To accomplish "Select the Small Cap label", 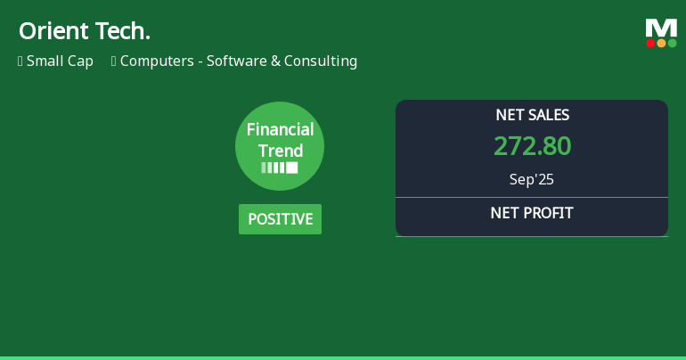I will (60, 61).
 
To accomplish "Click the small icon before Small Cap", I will (20, 61).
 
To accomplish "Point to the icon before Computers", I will (114, 61).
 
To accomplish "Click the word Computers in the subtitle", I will (157, 61).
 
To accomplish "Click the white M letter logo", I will (661, 28).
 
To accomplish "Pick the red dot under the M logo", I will (650, 43).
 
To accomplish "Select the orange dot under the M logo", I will (661, 43).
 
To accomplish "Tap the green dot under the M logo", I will (672, 43).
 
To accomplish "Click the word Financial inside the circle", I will (280, 130).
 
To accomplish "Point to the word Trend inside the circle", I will (280, 151).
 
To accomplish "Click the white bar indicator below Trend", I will (280, 168).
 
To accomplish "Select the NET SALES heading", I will (532, 115).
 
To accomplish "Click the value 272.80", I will (532, 146).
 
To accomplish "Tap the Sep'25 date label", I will (532, 179).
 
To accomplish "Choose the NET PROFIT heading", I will (532, 213).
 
